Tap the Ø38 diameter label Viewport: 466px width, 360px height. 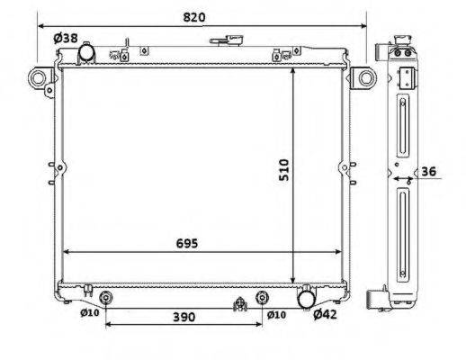pos(66,38)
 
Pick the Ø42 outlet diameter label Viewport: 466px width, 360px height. pos(326,314)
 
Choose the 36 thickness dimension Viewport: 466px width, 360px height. pos(429,172)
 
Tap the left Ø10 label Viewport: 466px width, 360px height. pos(90,313)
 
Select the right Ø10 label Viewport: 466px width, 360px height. pos(276,315)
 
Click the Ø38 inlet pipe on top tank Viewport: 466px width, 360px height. pos(86,53)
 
